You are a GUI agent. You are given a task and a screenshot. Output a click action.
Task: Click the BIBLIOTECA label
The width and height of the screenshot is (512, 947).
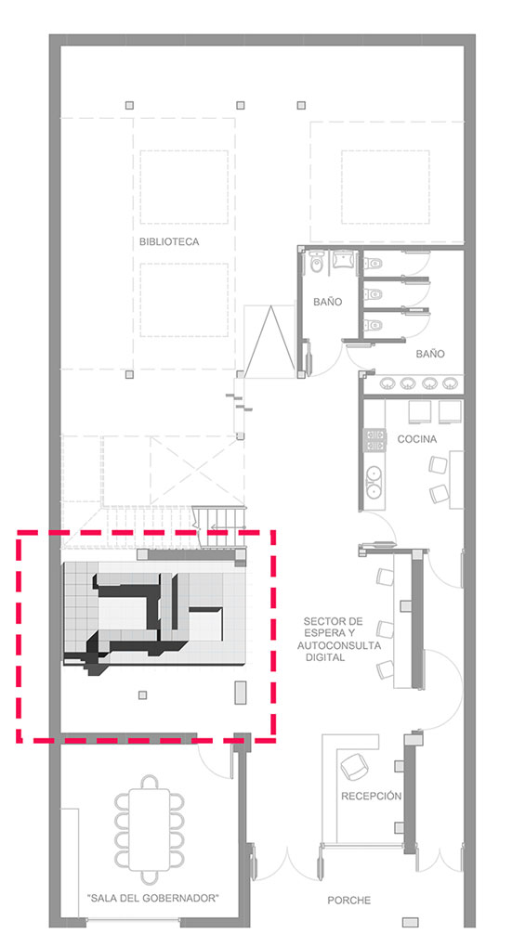tap(168, 241)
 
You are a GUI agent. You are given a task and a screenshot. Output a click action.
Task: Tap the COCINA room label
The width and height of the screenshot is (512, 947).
tap(416, 440)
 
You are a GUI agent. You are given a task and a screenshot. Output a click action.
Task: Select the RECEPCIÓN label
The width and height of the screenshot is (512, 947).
tap(371, 796)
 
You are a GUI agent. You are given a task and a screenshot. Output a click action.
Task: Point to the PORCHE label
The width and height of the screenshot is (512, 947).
tap(348, 901)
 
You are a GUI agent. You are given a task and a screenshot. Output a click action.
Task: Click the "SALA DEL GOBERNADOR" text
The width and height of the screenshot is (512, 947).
tap(153, 898)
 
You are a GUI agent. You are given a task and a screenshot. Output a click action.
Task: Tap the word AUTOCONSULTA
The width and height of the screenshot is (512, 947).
tap(339, 645)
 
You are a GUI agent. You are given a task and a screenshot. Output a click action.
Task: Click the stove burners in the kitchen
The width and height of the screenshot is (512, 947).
tap(374, 440)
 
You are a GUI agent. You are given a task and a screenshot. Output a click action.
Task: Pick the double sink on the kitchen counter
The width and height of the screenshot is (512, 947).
tap(374, 481)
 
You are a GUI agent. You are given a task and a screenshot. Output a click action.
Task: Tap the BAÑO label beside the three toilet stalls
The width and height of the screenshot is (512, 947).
tap(430, 354)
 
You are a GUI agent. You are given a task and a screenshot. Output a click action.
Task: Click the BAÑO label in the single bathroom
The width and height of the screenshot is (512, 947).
tap(327, 302)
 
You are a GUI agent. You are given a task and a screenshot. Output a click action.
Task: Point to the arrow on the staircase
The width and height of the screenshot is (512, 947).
tap(229, 526)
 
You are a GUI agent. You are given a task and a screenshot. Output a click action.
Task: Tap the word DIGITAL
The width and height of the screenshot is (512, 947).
tap(324, 657)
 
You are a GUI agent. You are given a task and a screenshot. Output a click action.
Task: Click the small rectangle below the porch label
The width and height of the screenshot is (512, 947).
tap(411, 922)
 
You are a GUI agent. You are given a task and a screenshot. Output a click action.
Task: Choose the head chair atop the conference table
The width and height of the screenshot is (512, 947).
tap(150, 782)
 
